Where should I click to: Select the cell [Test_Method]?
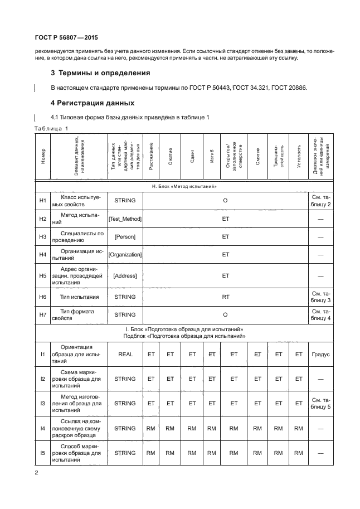pyautogui.click(x=125, y=219)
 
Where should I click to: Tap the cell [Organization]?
pyautogui.click(x=125, y=255)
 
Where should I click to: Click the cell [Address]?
pyautogui.click(x=125, y=275)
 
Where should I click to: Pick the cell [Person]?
pyautogui.click(x=125, y=237)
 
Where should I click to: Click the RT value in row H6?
pyautogui.click(x=226, y=297)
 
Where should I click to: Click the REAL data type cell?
pyautogui.click(x=125, y=353)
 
